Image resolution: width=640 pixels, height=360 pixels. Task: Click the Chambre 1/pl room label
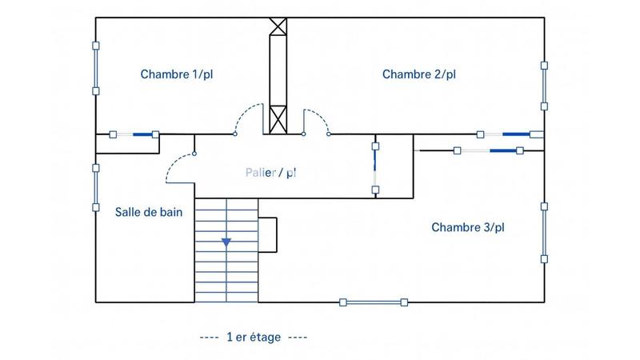pos(177,74)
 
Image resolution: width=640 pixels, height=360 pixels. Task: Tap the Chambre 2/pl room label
pos(418,74)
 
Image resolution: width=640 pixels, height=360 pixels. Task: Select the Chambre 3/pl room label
pos(468,227)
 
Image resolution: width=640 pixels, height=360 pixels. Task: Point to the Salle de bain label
pos(149,211)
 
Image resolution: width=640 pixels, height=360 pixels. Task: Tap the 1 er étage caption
pos(254,337)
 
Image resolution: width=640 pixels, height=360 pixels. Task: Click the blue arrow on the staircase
pos(226,241)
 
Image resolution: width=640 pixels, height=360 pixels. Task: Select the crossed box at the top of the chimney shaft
pos(278,26)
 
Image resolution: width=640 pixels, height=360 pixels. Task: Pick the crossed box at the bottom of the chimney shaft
pos(278,120)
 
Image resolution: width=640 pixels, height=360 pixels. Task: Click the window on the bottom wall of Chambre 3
pos(374,302)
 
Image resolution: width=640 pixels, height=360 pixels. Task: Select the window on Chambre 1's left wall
pos(96,69)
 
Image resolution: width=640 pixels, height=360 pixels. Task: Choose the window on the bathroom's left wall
pos(96,189)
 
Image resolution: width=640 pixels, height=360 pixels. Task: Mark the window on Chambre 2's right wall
pos(544,86)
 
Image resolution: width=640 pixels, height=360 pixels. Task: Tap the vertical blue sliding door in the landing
pos(374,167)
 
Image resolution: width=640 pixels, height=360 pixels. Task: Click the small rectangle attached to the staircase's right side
pos(267,235)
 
